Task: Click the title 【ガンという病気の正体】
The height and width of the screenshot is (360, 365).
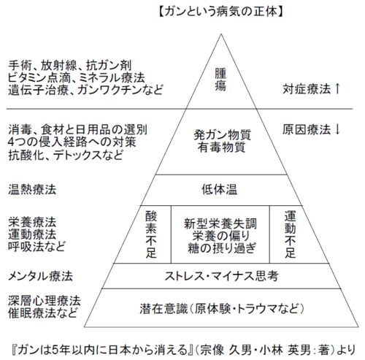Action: coord(221,12)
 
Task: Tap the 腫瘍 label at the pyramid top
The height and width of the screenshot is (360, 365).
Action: coord(220,80)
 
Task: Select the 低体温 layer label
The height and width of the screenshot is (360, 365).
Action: coord(220,189)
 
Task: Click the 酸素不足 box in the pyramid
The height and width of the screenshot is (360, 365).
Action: coord(151,234)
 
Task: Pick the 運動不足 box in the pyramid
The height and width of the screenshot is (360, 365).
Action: coord(290,234)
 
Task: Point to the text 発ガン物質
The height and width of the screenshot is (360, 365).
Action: coord(222,134)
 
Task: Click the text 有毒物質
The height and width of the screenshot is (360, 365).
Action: coord(221,148)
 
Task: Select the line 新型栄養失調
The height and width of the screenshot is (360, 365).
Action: coord(220,223)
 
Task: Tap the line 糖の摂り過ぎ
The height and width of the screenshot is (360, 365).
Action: coord(222,248)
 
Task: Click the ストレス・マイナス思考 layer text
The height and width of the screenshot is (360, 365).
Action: coord(221,276)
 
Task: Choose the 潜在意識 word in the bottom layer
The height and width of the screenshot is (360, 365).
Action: coord(164,309)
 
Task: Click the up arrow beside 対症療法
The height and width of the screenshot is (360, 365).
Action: coord(337,88)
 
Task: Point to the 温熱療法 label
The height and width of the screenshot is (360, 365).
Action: coord(32,189)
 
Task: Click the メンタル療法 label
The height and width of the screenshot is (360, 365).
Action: coord(40,276)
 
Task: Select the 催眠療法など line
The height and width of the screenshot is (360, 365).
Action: coord(43,313)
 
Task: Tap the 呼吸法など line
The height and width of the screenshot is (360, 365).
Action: coord(36,247)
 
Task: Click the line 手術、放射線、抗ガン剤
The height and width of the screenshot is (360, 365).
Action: coord(70,65)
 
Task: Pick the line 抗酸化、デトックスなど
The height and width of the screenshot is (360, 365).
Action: coord(66,155)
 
